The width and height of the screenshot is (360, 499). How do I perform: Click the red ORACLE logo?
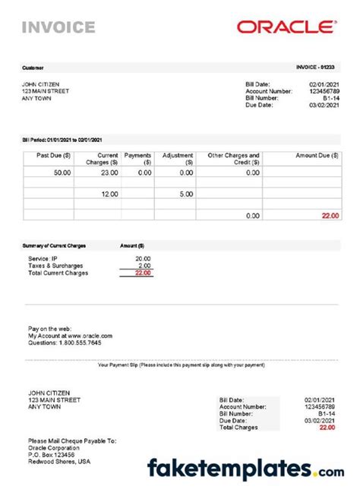(286, 27)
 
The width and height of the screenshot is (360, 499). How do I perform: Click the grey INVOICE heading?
(58, 28)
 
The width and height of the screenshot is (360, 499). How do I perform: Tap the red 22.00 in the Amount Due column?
(329, 216)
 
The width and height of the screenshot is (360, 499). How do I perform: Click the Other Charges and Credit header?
(233, 159)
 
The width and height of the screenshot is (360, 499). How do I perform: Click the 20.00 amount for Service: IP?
(142, 258)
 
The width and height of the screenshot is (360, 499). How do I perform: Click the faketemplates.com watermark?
(245, 469)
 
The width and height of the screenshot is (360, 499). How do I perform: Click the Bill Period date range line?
(64, 139)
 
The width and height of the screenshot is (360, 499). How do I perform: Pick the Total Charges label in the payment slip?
(239, 428)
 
